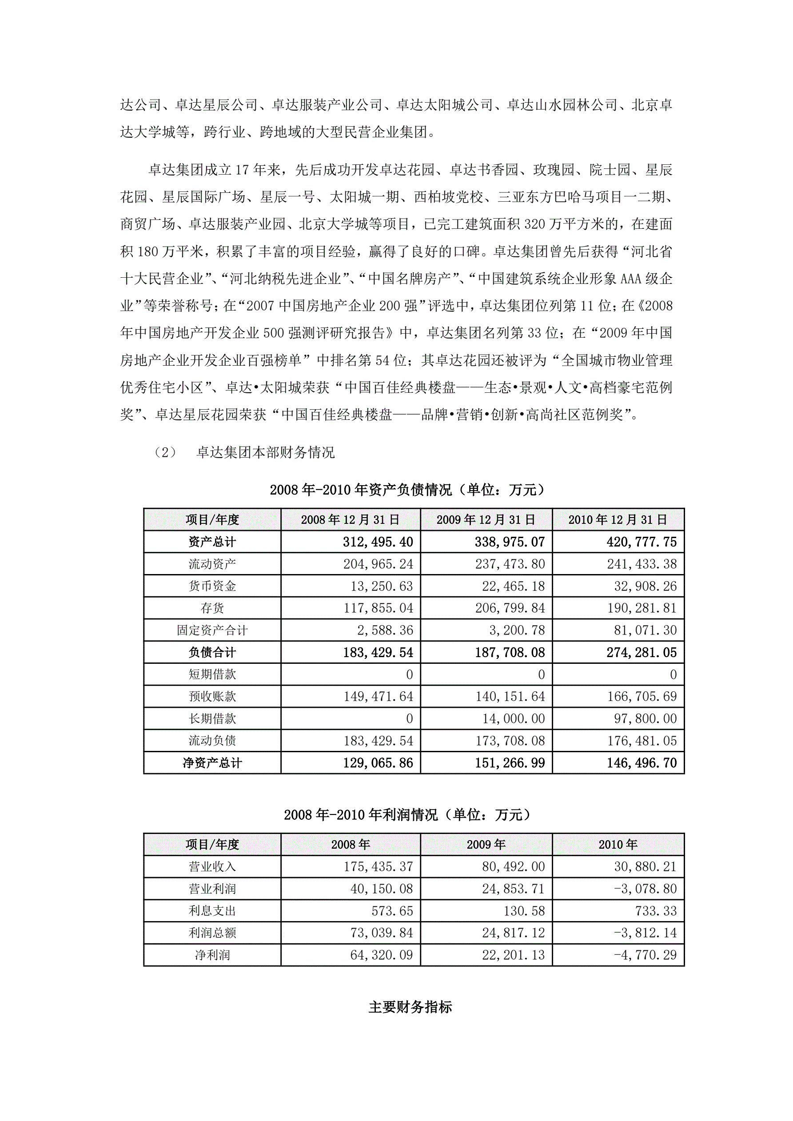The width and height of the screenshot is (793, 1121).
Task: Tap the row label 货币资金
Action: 212,586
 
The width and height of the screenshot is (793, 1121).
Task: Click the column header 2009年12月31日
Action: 486,519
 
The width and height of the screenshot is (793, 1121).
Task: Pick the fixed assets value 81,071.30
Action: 645,630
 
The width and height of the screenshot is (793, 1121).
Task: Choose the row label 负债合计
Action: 212,652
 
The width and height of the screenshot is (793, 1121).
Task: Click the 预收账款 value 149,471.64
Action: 378,696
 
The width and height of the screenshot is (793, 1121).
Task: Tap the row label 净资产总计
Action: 212,762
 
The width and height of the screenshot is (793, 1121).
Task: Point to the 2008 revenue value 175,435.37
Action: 378,866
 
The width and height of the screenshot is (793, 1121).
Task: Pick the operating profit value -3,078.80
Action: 645,889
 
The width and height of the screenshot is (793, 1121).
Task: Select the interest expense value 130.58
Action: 523,910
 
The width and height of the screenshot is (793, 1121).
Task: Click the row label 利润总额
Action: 212,933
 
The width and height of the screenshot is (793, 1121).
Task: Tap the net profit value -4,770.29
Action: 645,955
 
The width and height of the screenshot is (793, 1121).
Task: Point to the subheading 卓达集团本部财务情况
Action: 265,452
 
